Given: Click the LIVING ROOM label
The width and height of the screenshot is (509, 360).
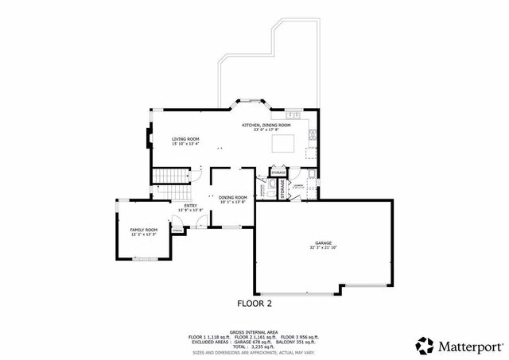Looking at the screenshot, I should coord(185,139).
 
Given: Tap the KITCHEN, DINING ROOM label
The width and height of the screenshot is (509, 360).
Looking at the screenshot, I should coord(266,125).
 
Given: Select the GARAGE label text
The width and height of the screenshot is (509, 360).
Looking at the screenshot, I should coord(322,243).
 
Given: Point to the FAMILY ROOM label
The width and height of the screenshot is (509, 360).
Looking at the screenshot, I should coord(144,230).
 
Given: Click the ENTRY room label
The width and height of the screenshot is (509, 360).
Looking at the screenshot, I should coord(191,206).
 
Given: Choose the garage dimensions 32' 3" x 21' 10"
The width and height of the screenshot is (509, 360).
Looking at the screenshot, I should coord(322,248).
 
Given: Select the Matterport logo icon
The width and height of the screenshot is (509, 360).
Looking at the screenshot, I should coord(424,345).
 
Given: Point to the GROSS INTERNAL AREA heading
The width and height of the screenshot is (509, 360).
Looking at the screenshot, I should coord(254,331).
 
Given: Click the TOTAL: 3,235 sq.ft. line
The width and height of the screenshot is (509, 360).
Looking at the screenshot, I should coord(254,346).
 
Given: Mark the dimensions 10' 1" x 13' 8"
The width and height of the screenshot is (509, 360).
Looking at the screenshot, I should coord(233,202).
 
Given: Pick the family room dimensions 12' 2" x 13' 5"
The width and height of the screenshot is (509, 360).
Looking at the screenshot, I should coord(144,234).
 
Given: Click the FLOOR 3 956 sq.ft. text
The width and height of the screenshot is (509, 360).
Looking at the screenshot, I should coord(301,337).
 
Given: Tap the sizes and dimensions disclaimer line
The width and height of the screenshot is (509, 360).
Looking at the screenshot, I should coord(254,352).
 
